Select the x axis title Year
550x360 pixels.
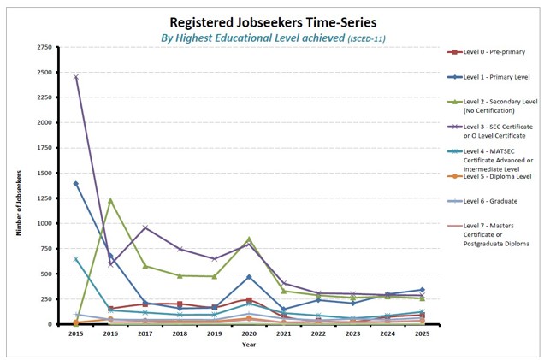247,345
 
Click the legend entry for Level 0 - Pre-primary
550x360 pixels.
494,52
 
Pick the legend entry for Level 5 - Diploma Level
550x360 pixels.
496,177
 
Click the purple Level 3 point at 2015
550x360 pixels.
75,77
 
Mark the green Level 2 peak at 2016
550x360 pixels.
109,200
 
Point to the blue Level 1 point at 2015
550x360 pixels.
75,183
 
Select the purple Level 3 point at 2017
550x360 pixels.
145,227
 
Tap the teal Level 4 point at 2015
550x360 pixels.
75,259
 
